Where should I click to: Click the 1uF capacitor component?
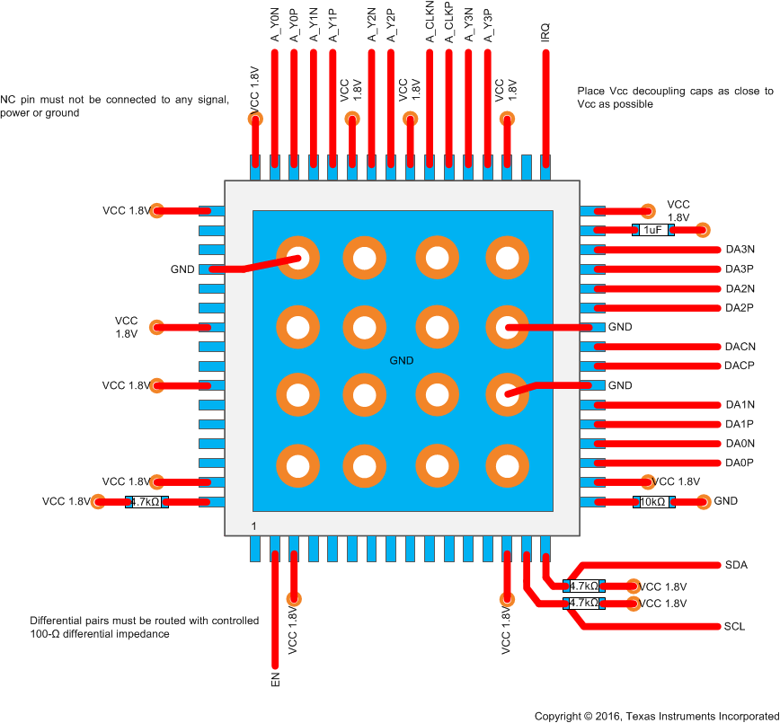click(x=652, y=230)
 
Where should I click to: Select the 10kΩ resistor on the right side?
click(x=652, y=502)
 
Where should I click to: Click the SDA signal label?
click(x=736, y=565)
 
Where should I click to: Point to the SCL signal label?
click(x=736, y=626)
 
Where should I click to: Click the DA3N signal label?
click(x=740, y=250)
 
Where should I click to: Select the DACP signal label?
click(x=739, y=366)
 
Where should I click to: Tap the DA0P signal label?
click(x=739, y=463)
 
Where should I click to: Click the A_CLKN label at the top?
click(x=430, y=23)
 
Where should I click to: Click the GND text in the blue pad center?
click(x=402, y=360)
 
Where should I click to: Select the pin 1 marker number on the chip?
click(x=254, y=525)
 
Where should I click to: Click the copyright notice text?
click(x=656, y=716)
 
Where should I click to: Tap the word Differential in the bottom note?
click(x=57, y=621)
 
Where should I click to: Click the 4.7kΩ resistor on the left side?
click(x=146, y=502)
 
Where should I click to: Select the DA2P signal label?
click(x=740, y=308)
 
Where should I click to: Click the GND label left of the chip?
click(x=182, y=269)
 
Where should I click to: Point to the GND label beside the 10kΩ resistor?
click(x=725, y=501)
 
